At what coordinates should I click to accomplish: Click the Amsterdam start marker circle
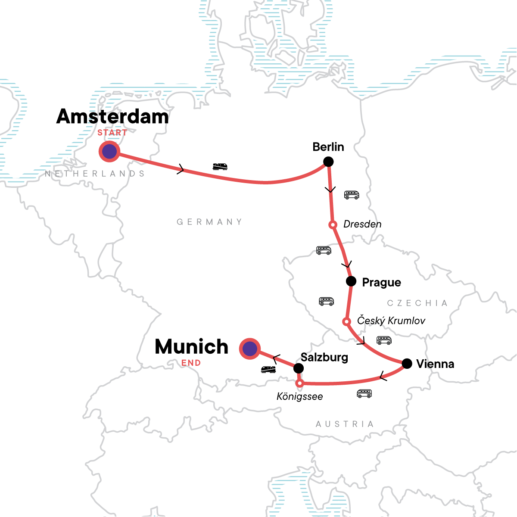pyautogui.click(x=109, y=151)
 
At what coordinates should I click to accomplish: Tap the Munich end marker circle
pyautogui.click(x=249, y=349)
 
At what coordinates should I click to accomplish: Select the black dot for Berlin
pyautogui.click(x=328, y=162)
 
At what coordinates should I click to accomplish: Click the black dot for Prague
pyautogui.click(x=351, y=281)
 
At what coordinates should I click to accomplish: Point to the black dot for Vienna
pyautogui.click(x=407, y=364)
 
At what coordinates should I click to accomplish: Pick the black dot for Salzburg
pyautogui.click(x=298, y=368)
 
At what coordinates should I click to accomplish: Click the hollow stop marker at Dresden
pyautogui.click(x=332, y=224)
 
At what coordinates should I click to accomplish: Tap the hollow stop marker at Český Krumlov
pyautogui.click(x=346, y=321)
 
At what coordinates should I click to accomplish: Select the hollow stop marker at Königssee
pyautogui.click(x=299, y=383)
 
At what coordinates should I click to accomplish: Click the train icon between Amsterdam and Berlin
pyautogui.click(x=220, y=166)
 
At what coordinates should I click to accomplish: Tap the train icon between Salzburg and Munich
pyautogui.click(x=268, y=369)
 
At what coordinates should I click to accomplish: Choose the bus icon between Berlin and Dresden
pyautogui.click(x=352, y=195)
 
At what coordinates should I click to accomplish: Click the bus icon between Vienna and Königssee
pyautogui.click(x=364, y=393)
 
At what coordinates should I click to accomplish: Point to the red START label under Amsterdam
pyautogui.click(x=112, y=133)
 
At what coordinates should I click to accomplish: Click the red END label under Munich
pyautogui.click(x=191, y=363)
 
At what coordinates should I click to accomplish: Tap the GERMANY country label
pyautogui.click(x=209, y=222)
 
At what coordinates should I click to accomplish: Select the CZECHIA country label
pyautogui.click(x=417, y=303)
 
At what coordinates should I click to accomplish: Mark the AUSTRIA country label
pyautogui.click(x=345, y=424)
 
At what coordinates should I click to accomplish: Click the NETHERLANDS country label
pyautogui.click(x=95, y=174)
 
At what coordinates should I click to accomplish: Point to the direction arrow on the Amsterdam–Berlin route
pyautogui.click(x=181, y=170)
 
